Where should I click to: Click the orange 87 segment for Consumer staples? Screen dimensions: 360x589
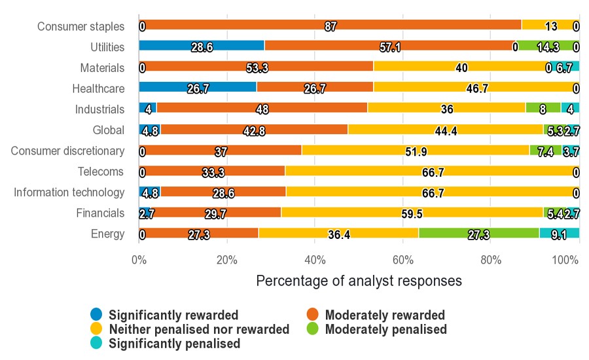pyautogui.click(x=330, y=26)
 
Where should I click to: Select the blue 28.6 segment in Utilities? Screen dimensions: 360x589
pyautogui.click(x=202, y=46)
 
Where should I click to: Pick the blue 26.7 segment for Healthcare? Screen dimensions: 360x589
pyautogui.click(x=198, y=88)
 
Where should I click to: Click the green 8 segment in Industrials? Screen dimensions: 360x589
pyautogui.click(x=543, y=109)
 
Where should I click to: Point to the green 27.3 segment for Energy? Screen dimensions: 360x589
pyautogui.click(x=479, y=233)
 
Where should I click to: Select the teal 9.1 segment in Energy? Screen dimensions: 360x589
pyautogui.click(x=559, y=233)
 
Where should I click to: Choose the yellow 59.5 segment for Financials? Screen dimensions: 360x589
pyautogui.click(x=412, y=213)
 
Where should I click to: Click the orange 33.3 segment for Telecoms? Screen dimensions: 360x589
pyautogui.click(x=212, y=171)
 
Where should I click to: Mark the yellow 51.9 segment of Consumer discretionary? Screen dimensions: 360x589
pyautogui.click(x=416, y=151)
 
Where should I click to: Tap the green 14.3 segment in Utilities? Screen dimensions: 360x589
pyautogui.click(x=548, y=46)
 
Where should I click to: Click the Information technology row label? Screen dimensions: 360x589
pyautogui.click(x=69, y=192)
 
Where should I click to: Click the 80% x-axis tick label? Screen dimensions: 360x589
pyautogui.click(x=491, y=259)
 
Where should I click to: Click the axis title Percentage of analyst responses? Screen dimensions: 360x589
pyautogui.click(x=359, y=281)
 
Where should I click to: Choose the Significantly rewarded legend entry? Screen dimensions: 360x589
pyautogui.click(x=173, y=315)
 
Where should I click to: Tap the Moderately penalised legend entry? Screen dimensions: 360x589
pyautogui.click(x=385, y=329)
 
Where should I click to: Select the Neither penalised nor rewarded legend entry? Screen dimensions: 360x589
pyautogui.click(x=199, y=329)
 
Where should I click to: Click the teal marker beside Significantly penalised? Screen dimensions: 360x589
pyautogui.click(x=96, y=343)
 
